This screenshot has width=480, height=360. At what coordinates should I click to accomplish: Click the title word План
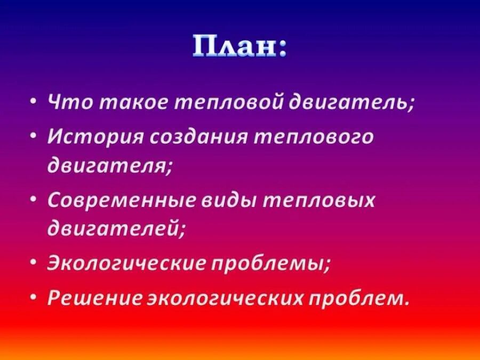239,47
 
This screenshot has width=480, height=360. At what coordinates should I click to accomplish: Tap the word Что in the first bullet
67,102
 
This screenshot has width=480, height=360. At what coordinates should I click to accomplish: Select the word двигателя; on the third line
109,166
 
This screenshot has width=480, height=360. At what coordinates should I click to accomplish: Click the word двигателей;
116,230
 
